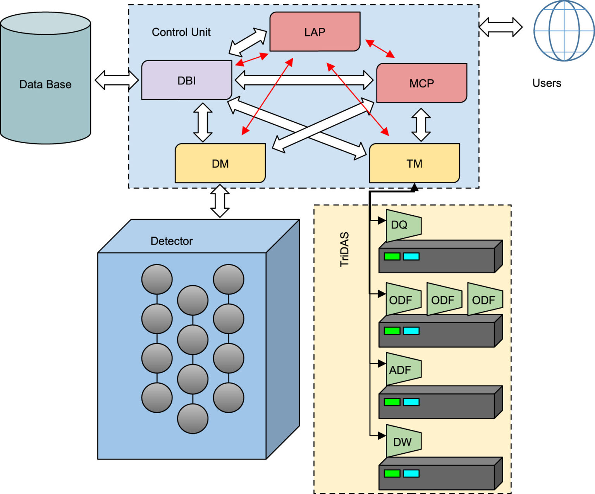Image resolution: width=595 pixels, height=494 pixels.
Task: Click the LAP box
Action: coord(315,32)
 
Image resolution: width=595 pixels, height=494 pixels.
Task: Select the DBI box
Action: coord(186,80)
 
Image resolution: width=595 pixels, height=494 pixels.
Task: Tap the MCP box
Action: coord(421,83)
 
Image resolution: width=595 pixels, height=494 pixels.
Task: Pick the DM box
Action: coord(220,163)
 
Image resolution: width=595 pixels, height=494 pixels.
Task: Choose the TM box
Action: coord(414,163)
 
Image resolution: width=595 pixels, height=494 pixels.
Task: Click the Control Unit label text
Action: coord(181,32)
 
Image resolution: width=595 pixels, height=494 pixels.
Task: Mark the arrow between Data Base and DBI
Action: coord(117,80)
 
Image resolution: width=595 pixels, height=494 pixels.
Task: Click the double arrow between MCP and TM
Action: coord(421,125)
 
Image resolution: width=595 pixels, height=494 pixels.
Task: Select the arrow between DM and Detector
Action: coord(220,201)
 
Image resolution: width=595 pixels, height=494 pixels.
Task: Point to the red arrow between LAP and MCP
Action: coord(380,48)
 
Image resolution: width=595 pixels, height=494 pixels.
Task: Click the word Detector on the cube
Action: coord(171,241)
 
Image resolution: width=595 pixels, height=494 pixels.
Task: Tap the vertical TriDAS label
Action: coord(344,249)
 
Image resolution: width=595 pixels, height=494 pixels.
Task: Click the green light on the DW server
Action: coord(392,473)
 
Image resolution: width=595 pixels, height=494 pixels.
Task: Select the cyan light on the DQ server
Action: coord(411,256)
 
